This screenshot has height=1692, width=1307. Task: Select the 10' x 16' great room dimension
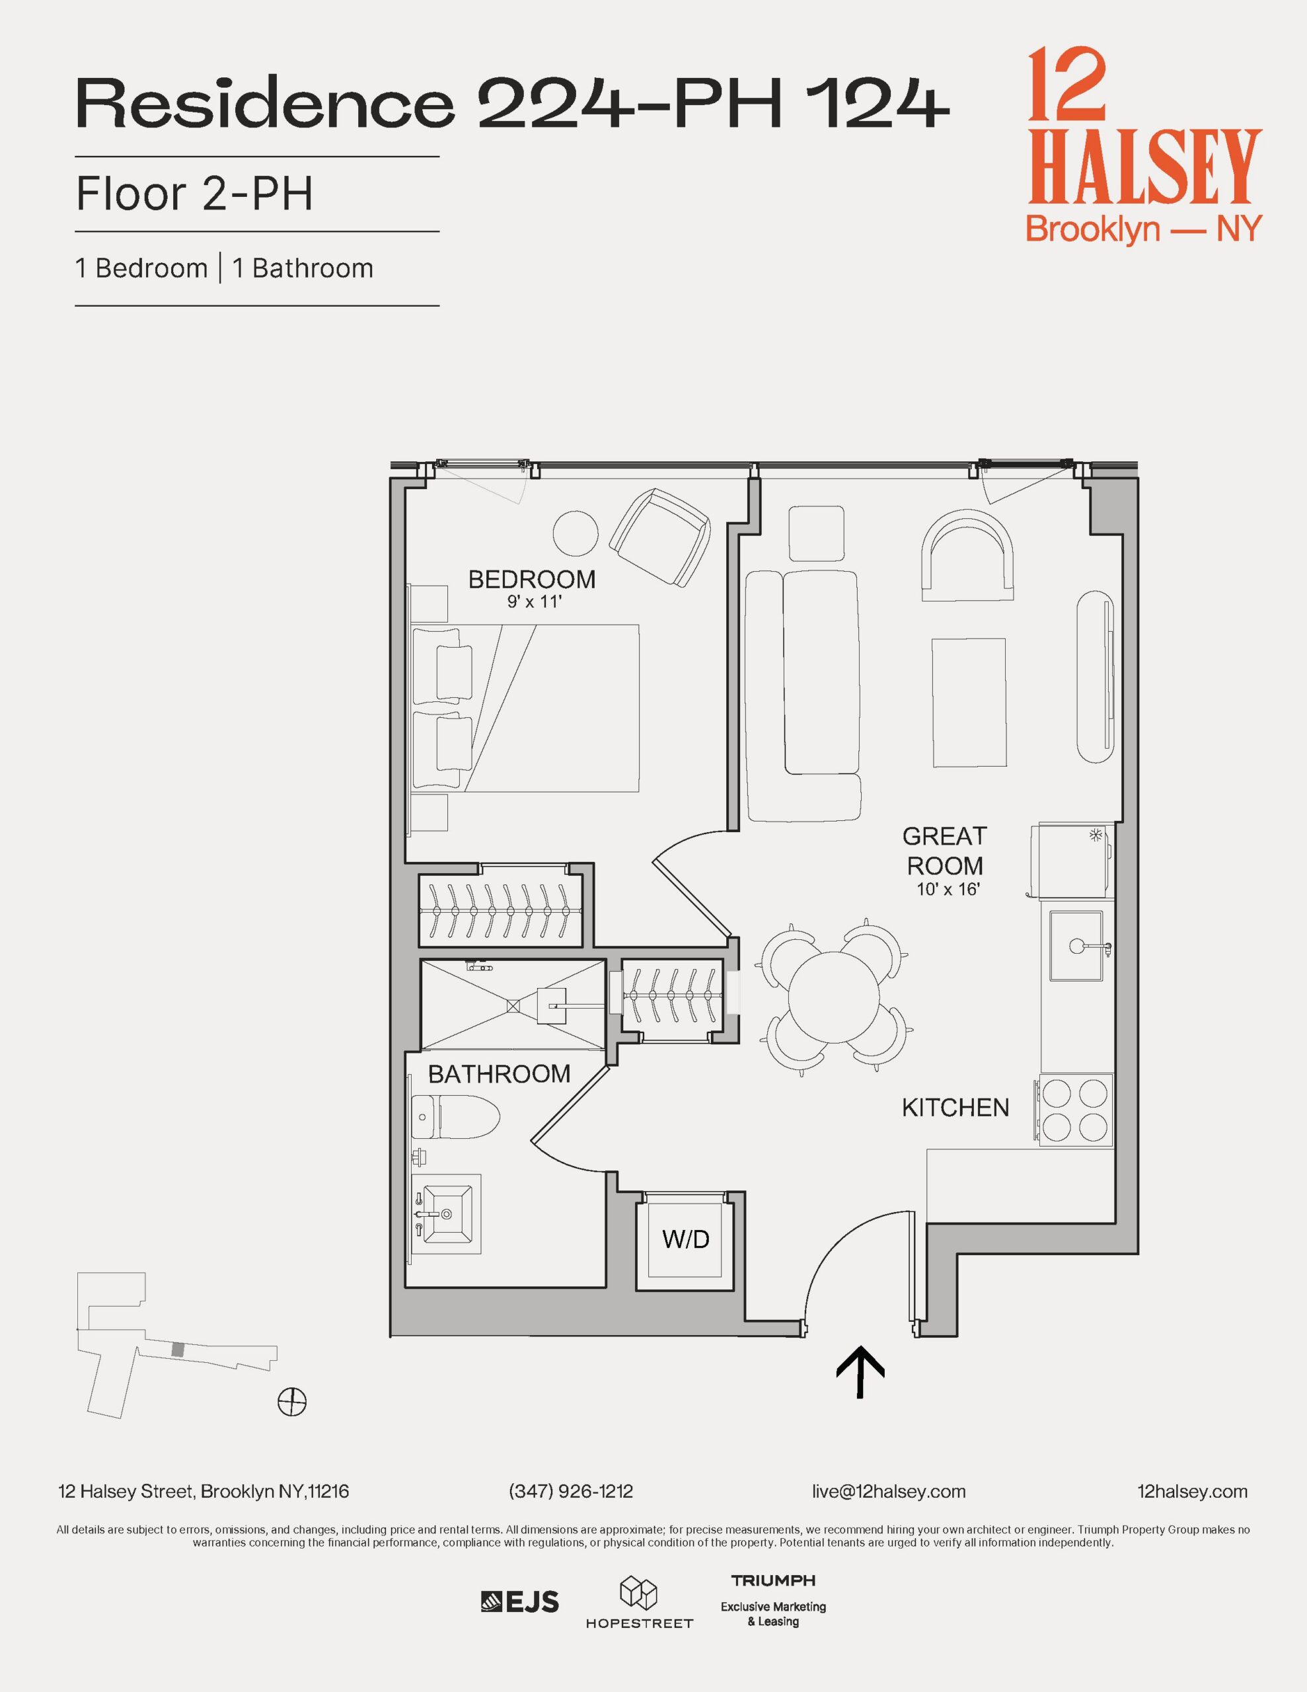948,890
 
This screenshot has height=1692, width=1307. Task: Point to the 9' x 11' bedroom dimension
533,602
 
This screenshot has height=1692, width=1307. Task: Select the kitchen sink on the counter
1077,946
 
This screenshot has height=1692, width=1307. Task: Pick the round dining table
834,999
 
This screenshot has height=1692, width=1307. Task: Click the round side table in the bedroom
576,533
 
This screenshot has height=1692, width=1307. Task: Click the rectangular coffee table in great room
969,703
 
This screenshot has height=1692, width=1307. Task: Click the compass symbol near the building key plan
292,1401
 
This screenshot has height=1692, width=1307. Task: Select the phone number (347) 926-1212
571,1491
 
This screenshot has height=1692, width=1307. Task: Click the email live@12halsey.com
889,1491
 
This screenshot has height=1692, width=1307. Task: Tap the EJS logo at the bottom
520,1601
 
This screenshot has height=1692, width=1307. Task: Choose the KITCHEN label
955,1108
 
